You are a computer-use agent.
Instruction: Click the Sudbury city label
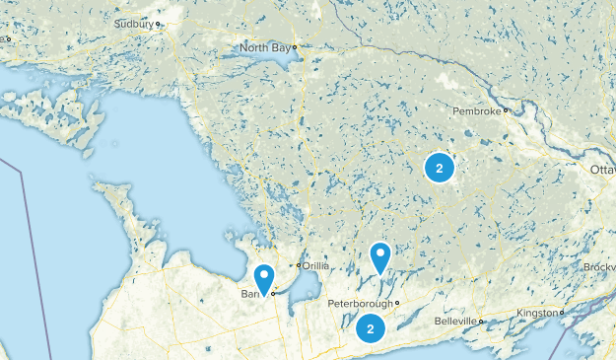pyautogui.click(x=133, y=22)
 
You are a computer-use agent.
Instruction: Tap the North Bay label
pyautogui.click(x=265, y=46)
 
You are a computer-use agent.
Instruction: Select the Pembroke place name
pyautogui.click(x=477, y=110)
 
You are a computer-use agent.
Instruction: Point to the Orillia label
pyautogui.click(x=316, y=265)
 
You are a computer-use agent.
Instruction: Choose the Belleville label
pyautogui.click(x=457, y=322)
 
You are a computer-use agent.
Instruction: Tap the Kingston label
pyautogui.click(x=537, y=313)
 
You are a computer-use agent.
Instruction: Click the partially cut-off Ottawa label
pyautogui.click(x=602, y=171)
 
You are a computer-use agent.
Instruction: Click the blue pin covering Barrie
pyautogui.click(x=263, y=279)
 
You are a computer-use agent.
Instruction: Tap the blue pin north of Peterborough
pyautogui.click(x=380, y=257)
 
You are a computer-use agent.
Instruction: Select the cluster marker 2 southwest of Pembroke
pyautogui.click(x=440, y=168)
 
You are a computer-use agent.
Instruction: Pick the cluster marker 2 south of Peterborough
pyautogui.click(x=371, y=328)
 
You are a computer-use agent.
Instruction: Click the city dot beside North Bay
pyautogui.click(x=294, y=46)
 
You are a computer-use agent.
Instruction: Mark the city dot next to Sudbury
pyautogui.click(x=158, y=23)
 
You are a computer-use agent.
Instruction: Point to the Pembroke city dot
pyautogui.click(x=506, y=110)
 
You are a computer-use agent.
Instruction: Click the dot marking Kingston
pyautogui.click(x=562, y=313)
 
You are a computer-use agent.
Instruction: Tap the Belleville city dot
pyautogui.click(x=482, y=322)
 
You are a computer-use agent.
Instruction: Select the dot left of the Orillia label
pyautogui.click(x=299, y=265)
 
